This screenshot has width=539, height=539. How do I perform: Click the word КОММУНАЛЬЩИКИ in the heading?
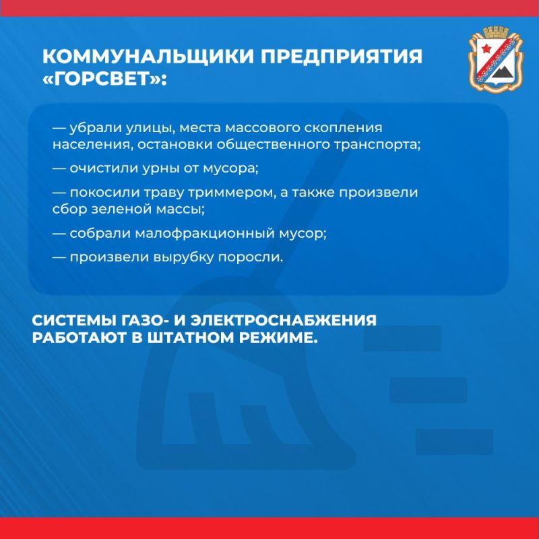click(x=148, y=56)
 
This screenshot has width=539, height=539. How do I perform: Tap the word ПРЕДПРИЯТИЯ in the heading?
click(x=341, y=56)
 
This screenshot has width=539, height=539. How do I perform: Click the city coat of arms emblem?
click(x=496, y=59)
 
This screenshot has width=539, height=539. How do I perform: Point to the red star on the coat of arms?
click(x=485, y=48)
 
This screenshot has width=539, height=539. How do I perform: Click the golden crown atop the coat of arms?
click(x=496, y=31)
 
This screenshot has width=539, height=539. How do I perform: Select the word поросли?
click(x=251, y=258)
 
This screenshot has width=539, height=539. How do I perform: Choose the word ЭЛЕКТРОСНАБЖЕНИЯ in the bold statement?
click(x=284, y=321)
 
